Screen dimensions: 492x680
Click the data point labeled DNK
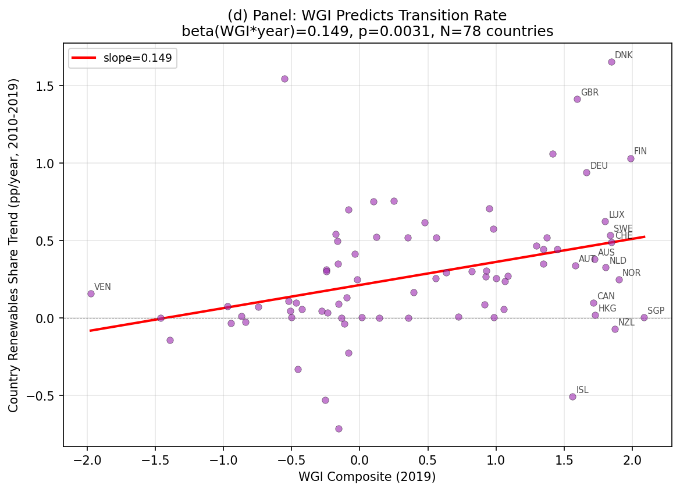pyautogui.click(x=611, y=62)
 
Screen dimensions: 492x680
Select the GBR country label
pyautogui.click(x=589, y=93)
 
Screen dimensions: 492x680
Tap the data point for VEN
pyautogui.click(x=91, y=293)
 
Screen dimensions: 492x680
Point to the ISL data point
pyautogui.click(x=572, y=397)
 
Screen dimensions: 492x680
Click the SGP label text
pyautogui.click(x=656, y=311)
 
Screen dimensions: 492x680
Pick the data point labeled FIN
pyautogui.click(x=631, y=158)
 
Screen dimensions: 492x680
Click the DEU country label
pyautogui.click(x=599, y=166)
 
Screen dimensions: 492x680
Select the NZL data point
pyautogui.click(x=615, y=329)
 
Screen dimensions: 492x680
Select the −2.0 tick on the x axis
pyautogui.click(x=87, y=459)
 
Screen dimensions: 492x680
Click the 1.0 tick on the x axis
pyautogui.click(x=496, y=459)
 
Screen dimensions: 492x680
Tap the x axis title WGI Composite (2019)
pyautogui.click(x=367, y=477)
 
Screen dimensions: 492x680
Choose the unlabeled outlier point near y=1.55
pyautogui.click(x=284, y=79)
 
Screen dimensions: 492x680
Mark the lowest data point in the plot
pyautogui.click(x=339, y=429)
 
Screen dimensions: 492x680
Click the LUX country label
pyautogui.click(x=617, y=215)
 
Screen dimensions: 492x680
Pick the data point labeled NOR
pyautogui.click(x=619, y=279)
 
